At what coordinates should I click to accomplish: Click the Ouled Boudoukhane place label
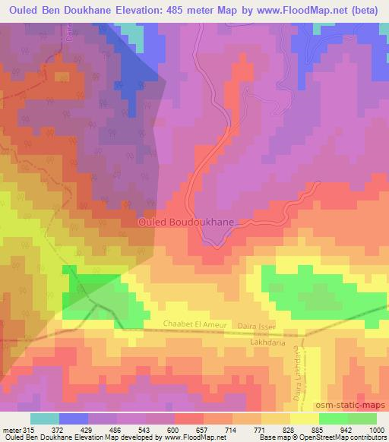pos(186,223)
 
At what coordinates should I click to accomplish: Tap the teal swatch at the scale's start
pos(45,418)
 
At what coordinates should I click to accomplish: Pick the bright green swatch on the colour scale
pos(362,418)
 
